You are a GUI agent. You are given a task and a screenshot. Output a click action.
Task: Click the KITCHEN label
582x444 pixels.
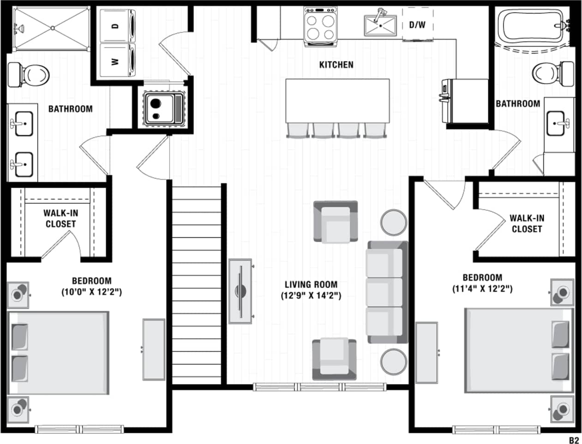tap(336, 65)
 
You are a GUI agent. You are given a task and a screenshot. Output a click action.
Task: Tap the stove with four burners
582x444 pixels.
tap(320, 27)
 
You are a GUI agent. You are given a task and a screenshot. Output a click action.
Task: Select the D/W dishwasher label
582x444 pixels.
tap(417, 25)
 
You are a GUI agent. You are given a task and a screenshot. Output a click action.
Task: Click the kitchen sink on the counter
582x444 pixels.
tap(380, 25)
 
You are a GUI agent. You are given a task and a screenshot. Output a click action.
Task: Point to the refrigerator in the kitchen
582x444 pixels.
tap(466, 101)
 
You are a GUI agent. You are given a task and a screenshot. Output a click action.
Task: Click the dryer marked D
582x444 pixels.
tap(118, 26)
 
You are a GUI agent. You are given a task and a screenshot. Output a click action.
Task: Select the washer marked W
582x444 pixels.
tap(118, 61)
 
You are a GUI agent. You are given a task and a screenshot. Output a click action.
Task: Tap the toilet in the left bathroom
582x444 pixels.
tap(30, 74)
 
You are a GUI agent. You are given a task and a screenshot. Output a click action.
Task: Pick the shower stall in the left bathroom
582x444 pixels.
tap(51, 28)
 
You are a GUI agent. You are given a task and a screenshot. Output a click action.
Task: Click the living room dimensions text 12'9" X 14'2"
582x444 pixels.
tap(311, 295)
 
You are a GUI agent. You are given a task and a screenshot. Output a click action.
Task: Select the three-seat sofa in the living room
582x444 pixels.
tap(387, 292)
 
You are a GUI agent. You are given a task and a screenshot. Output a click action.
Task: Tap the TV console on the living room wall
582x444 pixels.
tap(240, 291)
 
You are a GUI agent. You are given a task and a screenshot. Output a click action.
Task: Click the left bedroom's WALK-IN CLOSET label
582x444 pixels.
tap(60, 218)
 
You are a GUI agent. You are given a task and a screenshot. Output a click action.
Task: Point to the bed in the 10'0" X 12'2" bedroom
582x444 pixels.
tap(59, 353)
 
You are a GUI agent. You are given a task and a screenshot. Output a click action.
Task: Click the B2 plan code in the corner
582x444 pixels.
tap(573, 440)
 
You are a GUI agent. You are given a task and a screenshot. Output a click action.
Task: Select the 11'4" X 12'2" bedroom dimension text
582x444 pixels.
tap(482, 289)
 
